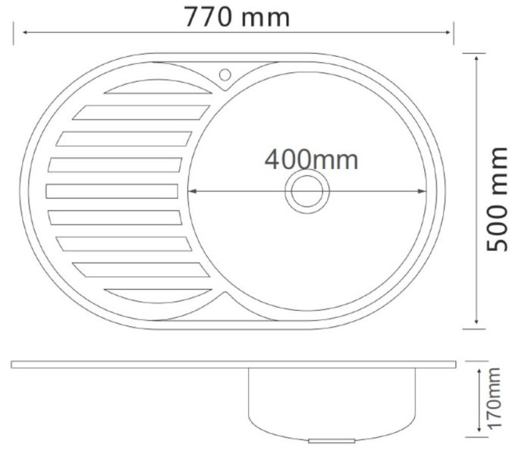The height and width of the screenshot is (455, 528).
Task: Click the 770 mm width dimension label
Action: [237, 17]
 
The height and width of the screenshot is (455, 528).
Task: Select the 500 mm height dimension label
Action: [497, 199]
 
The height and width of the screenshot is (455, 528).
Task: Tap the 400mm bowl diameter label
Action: [311, 160]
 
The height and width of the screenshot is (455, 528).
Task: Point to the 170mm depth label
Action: [495, 398]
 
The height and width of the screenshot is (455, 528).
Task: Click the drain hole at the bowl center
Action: [307, 192]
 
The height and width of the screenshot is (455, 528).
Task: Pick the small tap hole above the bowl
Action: [225, 75]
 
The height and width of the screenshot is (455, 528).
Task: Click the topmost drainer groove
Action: [158, 86]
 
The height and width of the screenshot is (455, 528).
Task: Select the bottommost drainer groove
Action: [158, 296]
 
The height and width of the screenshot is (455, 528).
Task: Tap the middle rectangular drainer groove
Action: [112, 191]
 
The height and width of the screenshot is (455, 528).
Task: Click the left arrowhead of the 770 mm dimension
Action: [25, 33]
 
